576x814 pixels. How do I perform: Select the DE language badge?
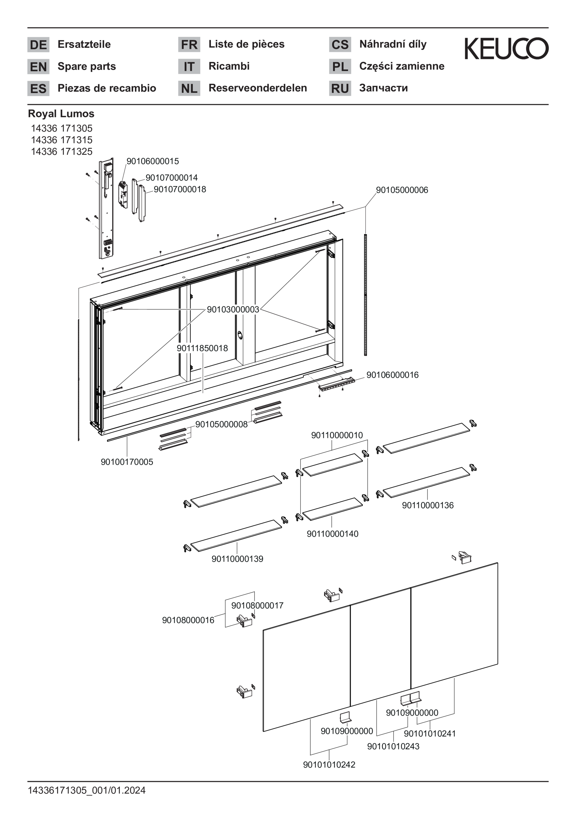pos(38,45)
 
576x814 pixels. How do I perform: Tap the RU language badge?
pos(340,88)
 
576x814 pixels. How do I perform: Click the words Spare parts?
pos(87,66)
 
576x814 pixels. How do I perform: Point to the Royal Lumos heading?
pos(61,114)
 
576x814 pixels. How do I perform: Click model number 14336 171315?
pos(62,140)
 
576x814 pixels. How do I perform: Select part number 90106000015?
pos(152,161)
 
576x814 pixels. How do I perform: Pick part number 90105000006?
pos(402,190)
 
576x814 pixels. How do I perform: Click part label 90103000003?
pos(233,310)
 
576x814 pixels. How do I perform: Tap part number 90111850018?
pos(202,348)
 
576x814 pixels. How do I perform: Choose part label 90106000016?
pos(393,375)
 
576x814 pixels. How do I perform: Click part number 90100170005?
pos(127,462)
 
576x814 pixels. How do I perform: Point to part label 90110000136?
pos(428,505)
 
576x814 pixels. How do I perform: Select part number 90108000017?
pos(257,605)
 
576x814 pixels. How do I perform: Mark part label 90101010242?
pos(329,765)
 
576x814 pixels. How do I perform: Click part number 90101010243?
pos(393,746)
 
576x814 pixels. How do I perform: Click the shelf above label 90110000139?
pos(236,535)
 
